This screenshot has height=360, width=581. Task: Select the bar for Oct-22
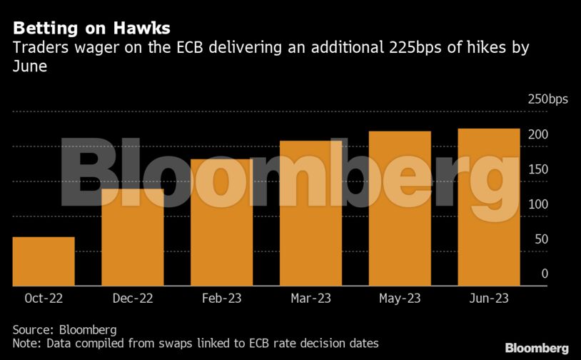pyautogui.click(x=44, y=261)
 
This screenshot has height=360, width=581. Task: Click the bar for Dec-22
pyautogui.click(x=133, y=237)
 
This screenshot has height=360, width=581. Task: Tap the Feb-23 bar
pyautogui.click(x=221, y=222)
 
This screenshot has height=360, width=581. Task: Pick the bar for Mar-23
pyautogui.click(x=310, y=213)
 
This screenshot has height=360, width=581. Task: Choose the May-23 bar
pyautogui.click(x=400, y=209)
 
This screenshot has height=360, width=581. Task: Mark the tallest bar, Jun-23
pyautogui.click(x=488, y=207)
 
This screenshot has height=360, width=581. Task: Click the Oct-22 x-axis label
pyautogui.click(x=44, y=299)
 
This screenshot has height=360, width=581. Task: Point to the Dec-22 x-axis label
pyautogui.click(x=133, y=299)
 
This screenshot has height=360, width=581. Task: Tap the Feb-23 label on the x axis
pyautogui.click(x=221, y=299)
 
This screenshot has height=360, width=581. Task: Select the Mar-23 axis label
pyautogui.click(x=310, y=299)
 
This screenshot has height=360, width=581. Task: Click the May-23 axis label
pyautogui.click(x=400, y=299)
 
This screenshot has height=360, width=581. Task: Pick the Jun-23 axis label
pyautogui.click(x=488, y=299)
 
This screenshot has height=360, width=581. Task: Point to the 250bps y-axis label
pyautogui.click(x=547, y=99)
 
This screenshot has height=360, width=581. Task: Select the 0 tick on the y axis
pyautogui.click(x=544, y=274)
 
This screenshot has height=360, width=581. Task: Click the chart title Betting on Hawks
pyautogui.click(x=91, y=29)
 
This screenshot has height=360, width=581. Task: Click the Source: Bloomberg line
pyautogui.click(x=64, y=329)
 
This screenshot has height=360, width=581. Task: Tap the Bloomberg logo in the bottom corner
pyautogui.click(x=537, y=348)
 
